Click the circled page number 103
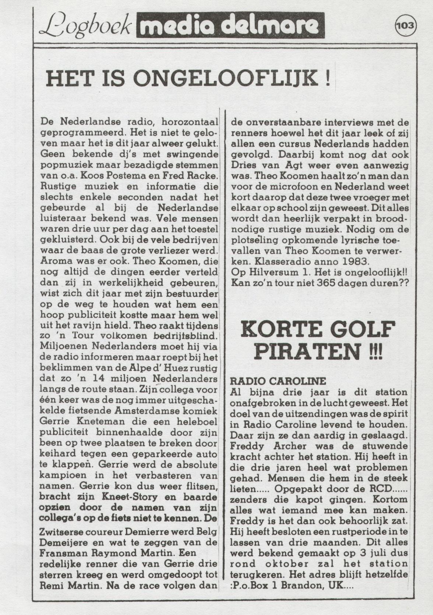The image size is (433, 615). coord(405,25)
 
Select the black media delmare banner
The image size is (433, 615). coord(230,25)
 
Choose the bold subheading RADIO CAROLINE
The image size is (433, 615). coord(278,381)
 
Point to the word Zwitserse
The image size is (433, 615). coord(64,532)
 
